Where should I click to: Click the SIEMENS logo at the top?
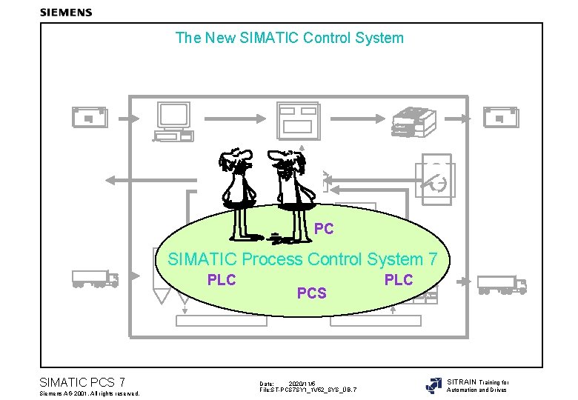(66, 12)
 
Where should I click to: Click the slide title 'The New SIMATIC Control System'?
(289, 37)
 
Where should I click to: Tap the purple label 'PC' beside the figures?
(324, 229)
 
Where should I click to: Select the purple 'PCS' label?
(311, 293)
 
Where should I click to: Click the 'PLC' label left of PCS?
(222, 279)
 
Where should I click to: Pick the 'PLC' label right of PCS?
(398, 279)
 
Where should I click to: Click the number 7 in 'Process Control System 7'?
(433, 259)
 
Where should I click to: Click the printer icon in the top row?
(410, 121)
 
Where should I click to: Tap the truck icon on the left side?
(95, 279)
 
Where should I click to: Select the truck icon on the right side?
(501, 284)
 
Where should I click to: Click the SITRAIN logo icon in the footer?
(433, 386)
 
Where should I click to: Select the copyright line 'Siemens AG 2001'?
(89, 393)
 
